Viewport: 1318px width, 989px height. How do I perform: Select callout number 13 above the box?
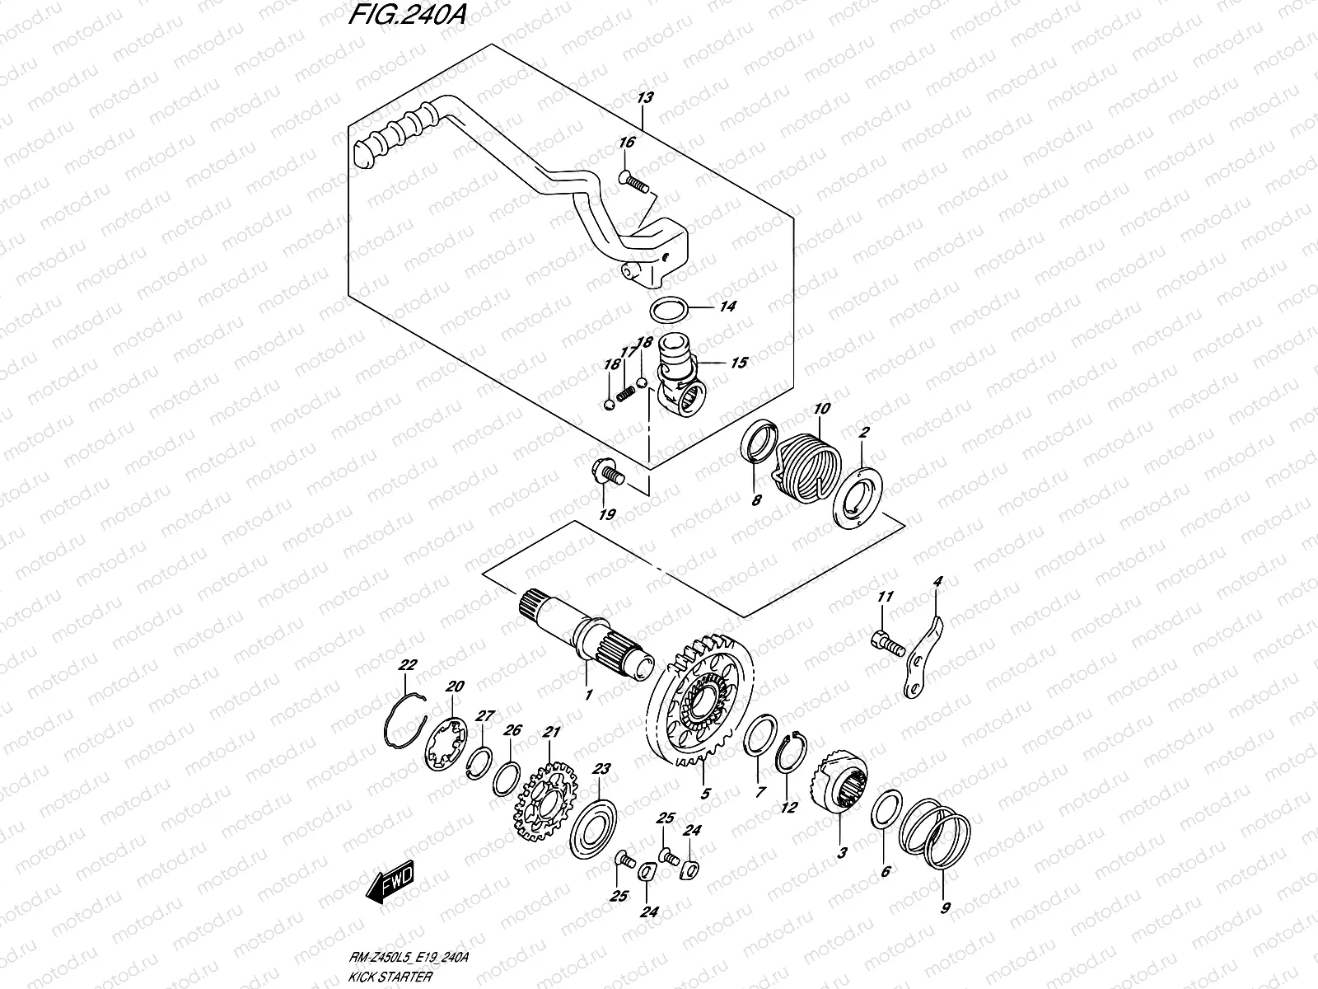pyautogui.click(x=645, y=97)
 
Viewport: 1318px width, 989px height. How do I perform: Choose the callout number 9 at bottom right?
pyautogui.click(x=945, y=907)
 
